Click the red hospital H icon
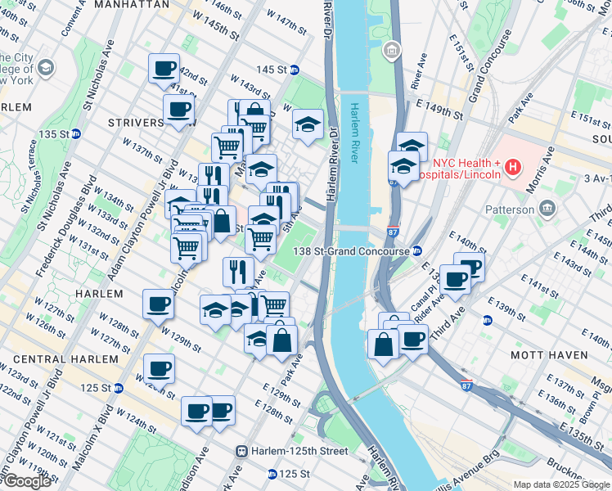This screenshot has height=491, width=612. [x=513, y=168]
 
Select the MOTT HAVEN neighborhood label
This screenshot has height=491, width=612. [x=548, y=355]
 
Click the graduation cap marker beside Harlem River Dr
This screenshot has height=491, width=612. [x=307, y=125]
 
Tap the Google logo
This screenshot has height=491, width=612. [x=27, y=481]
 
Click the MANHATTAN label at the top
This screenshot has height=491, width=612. [x=131, y=5]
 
